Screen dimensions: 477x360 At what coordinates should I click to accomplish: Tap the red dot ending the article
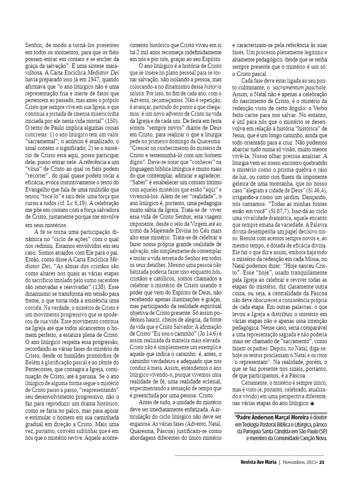click(x=312, y=403)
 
